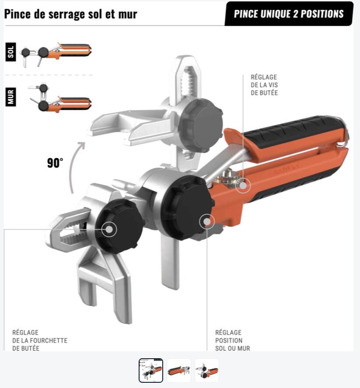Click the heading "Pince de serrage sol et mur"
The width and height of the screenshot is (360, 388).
(x=71, y=14)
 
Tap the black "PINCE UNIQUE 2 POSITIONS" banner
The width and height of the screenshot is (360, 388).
(x=289, y=14)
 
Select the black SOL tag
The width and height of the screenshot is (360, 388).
(x=10, y=52)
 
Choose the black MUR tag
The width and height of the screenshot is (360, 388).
(x=10, y=97)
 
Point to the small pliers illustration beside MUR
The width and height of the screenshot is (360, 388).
(x=59, y=98)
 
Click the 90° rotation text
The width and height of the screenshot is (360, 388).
(x=55, y=163)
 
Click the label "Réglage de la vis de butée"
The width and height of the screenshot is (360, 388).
(x=264, y=85)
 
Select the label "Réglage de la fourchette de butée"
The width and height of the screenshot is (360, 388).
(x=40, y=340)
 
